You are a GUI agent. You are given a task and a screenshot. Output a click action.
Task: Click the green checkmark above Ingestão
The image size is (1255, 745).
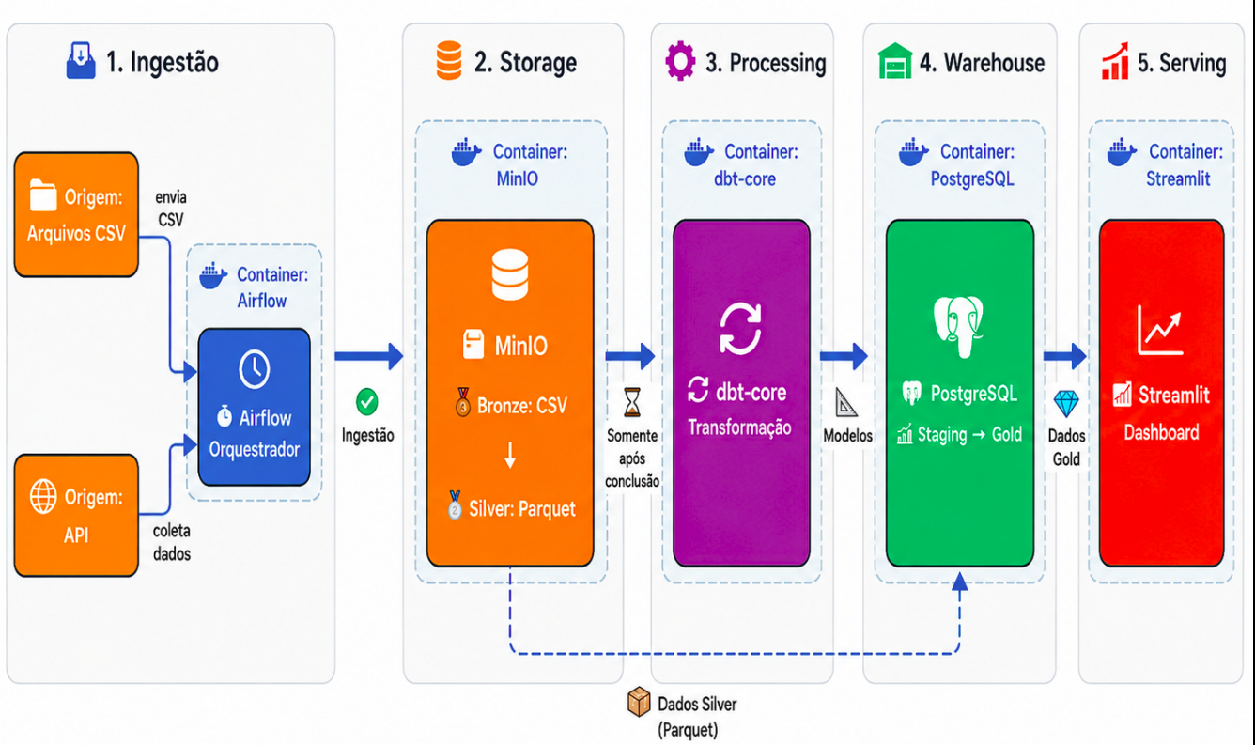point(367,402)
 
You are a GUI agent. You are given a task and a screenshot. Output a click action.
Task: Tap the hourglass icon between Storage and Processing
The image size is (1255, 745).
point(632,402)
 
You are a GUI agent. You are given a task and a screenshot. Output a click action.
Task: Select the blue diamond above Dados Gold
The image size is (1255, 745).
point(1065,403)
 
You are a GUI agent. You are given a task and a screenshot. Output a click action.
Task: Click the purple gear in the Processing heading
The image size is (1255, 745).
point(680,60)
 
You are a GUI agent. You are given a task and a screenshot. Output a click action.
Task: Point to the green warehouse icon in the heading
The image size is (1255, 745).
point(894,61)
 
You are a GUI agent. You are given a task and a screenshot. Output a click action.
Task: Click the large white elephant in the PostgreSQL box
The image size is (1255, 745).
point(958,327)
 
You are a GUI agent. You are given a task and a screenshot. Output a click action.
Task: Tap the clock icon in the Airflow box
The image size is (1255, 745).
point(255,369)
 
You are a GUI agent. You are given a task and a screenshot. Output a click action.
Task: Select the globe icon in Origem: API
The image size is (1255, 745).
point(43,496)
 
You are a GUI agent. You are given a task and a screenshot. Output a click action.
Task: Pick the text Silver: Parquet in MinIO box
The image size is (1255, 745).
point(522,508)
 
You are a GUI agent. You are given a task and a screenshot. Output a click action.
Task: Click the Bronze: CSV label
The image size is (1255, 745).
point(522,406)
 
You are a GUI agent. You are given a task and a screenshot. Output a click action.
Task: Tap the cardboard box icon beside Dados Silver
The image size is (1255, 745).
point(639,702)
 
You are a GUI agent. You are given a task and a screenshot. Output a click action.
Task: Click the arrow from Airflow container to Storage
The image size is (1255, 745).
point(368,356)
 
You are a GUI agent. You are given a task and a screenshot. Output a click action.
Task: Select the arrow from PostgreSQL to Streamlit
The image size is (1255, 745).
point(1064,356)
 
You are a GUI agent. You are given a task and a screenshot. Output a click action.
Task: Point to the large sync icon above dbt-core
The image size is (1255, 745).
point(740,329)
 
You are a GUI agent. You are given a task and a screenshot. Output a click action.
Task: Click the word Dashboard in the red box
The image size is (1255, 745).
point(1161,432)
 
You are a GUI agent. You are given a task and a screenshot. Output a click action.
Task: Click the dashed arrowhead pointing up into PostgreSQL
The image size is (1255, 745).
point(960,582)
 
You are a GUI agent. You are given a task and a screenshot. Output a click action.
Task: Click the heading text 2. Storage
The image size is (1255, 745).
point(525,62)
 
